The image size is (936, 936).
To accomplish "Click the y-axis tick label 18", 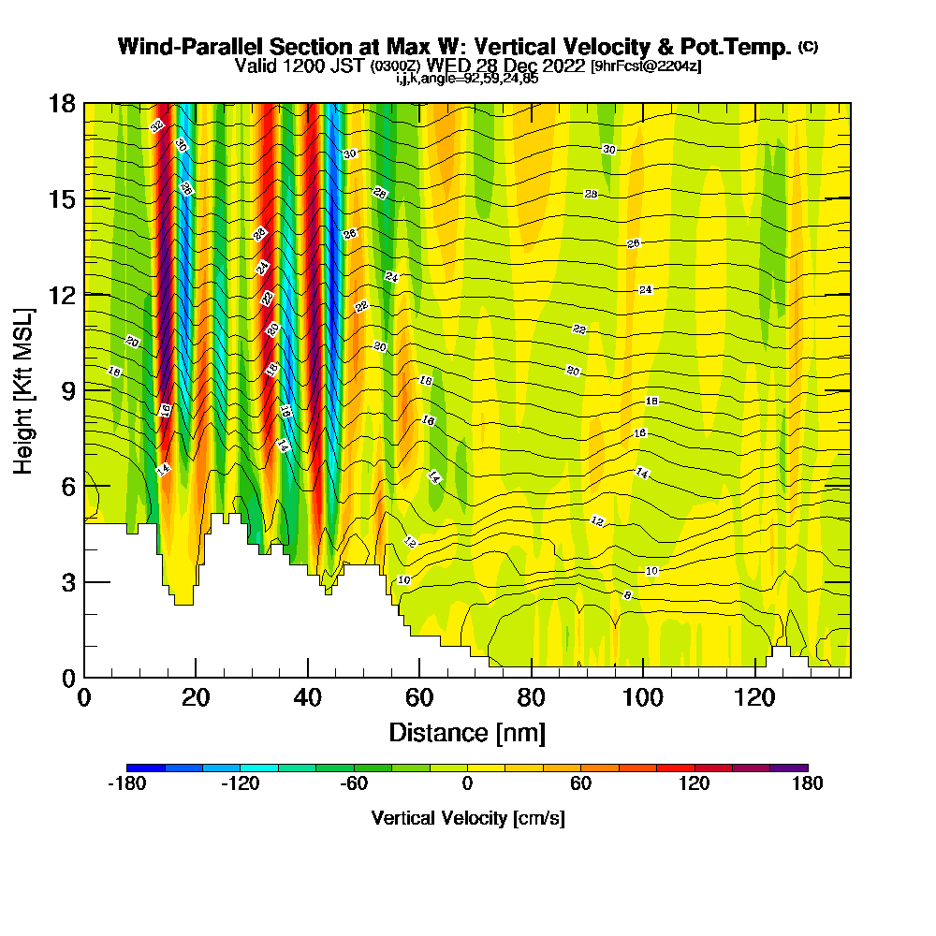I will (62, 103).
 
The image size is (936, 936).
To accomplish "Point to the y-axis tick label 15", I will (62, 198).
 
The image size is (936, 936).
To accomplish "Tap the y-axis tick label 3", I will (67, 582).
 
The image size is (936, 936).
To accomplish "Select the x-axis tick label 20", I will (196, 697).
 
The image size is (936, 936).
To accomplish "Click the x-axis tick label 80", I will (532, 697).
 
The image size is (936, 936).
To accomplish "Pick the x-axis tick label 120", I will (755, 697).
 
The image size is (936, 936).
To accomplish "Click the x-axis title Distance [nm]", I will (467, 732).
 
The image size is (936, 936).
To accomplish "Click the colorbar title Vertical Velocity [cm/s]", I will (467, 818).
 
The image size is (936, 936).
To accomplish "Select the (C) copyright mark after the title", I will (808, 46).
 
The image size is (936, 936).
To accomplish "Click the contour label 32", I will (157, 125).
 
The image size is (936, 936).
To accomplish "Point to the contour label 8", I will (627, 595).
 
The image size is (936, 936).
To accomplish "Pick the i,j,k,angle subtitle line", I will (466, 79).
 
